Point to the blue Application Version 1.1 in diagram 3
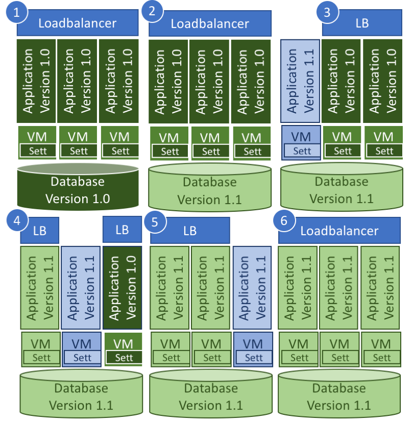(x=300, y=81)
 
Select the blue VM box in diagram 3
(x=301, y=141)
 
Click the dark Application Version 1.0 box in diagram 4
(x=123, y=287)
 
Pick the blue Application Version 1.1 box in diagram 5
(x=253, y=287)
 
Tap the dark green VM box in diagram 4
(x=123, y=349)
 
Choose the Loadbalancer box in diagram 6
(x=339, y=231)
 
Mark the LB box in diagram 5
(x=190, y=231)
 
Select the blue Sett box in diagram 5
(x=253, y=358)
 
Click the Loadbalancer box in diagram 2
(x=209, y=24)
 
